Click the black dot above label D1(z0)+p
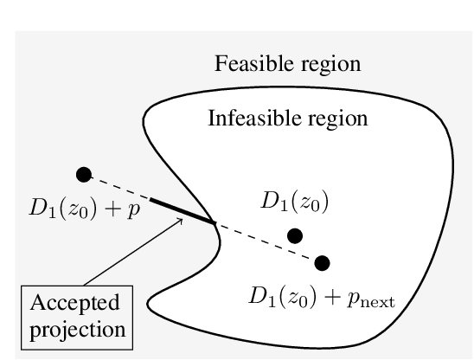click(83, 175)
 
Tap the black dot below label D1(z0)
click(295, 235)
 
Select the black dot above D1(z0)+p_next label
click(323, 262)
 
